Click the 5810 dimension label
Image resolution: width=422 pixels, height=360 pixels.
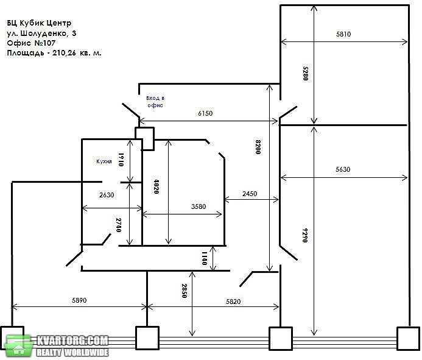343,34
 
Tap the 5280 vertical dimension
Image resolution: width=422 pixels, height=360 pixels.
305,74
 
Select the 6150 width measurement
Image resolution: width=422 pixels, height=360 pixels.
205,113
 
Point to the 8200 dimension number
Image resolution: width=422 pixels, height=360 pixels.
258,147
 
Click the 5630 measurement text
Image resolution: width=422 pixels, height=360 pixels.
343,169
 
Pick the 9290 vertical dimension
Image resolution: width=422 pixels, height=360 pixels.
304,235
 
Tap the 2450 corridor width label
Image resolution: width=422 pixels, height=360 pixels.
250,194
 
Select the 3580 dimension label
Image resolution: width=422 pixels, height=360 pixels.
199,206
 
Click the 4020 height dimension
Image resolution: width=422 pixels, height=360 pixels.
156,186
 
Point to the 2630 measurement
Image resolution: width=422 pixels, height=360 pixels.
107,195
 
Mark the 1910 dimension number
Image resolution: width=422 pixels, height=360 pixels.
121,160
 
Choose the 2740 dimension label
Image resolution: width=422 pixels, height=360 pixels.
119,225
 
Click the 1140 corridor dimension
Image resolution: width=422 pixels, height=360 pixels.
204,258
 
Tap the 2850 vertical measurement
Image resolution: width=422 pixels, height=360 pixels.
184,291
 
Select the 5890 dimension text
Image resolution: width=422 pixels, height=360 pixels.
79,300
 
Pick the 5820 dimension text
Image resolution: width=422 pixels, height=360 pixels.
233,302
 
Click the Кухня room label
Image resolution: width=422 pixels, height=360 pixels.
104,161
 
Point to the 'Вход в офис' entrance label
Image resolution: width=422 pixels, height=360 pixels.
155,102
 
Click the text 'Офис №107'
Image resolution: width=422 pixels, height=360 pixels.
31,43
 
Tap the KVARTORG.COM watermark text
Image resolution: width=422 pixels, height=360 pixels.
72,341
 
